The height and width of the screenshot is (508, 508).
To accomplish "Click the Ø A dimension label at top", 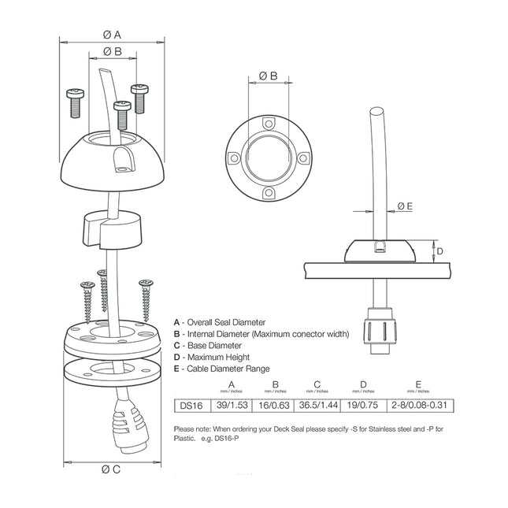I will click(112, 35).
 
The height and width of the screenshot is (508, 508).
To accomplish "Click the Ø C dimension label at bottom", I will click(111, 469).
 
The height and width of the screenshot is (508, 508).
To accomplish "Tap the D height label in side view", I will click(441, 251).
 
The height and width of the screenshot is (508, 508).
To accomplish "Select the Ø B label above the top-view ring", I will click(269, 76).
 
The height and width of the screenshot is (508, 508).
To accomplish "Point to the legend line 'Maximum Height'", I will click(214, 357).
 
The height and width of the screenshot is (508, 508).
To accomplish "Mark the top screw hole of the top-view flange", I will click(269, 124).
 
